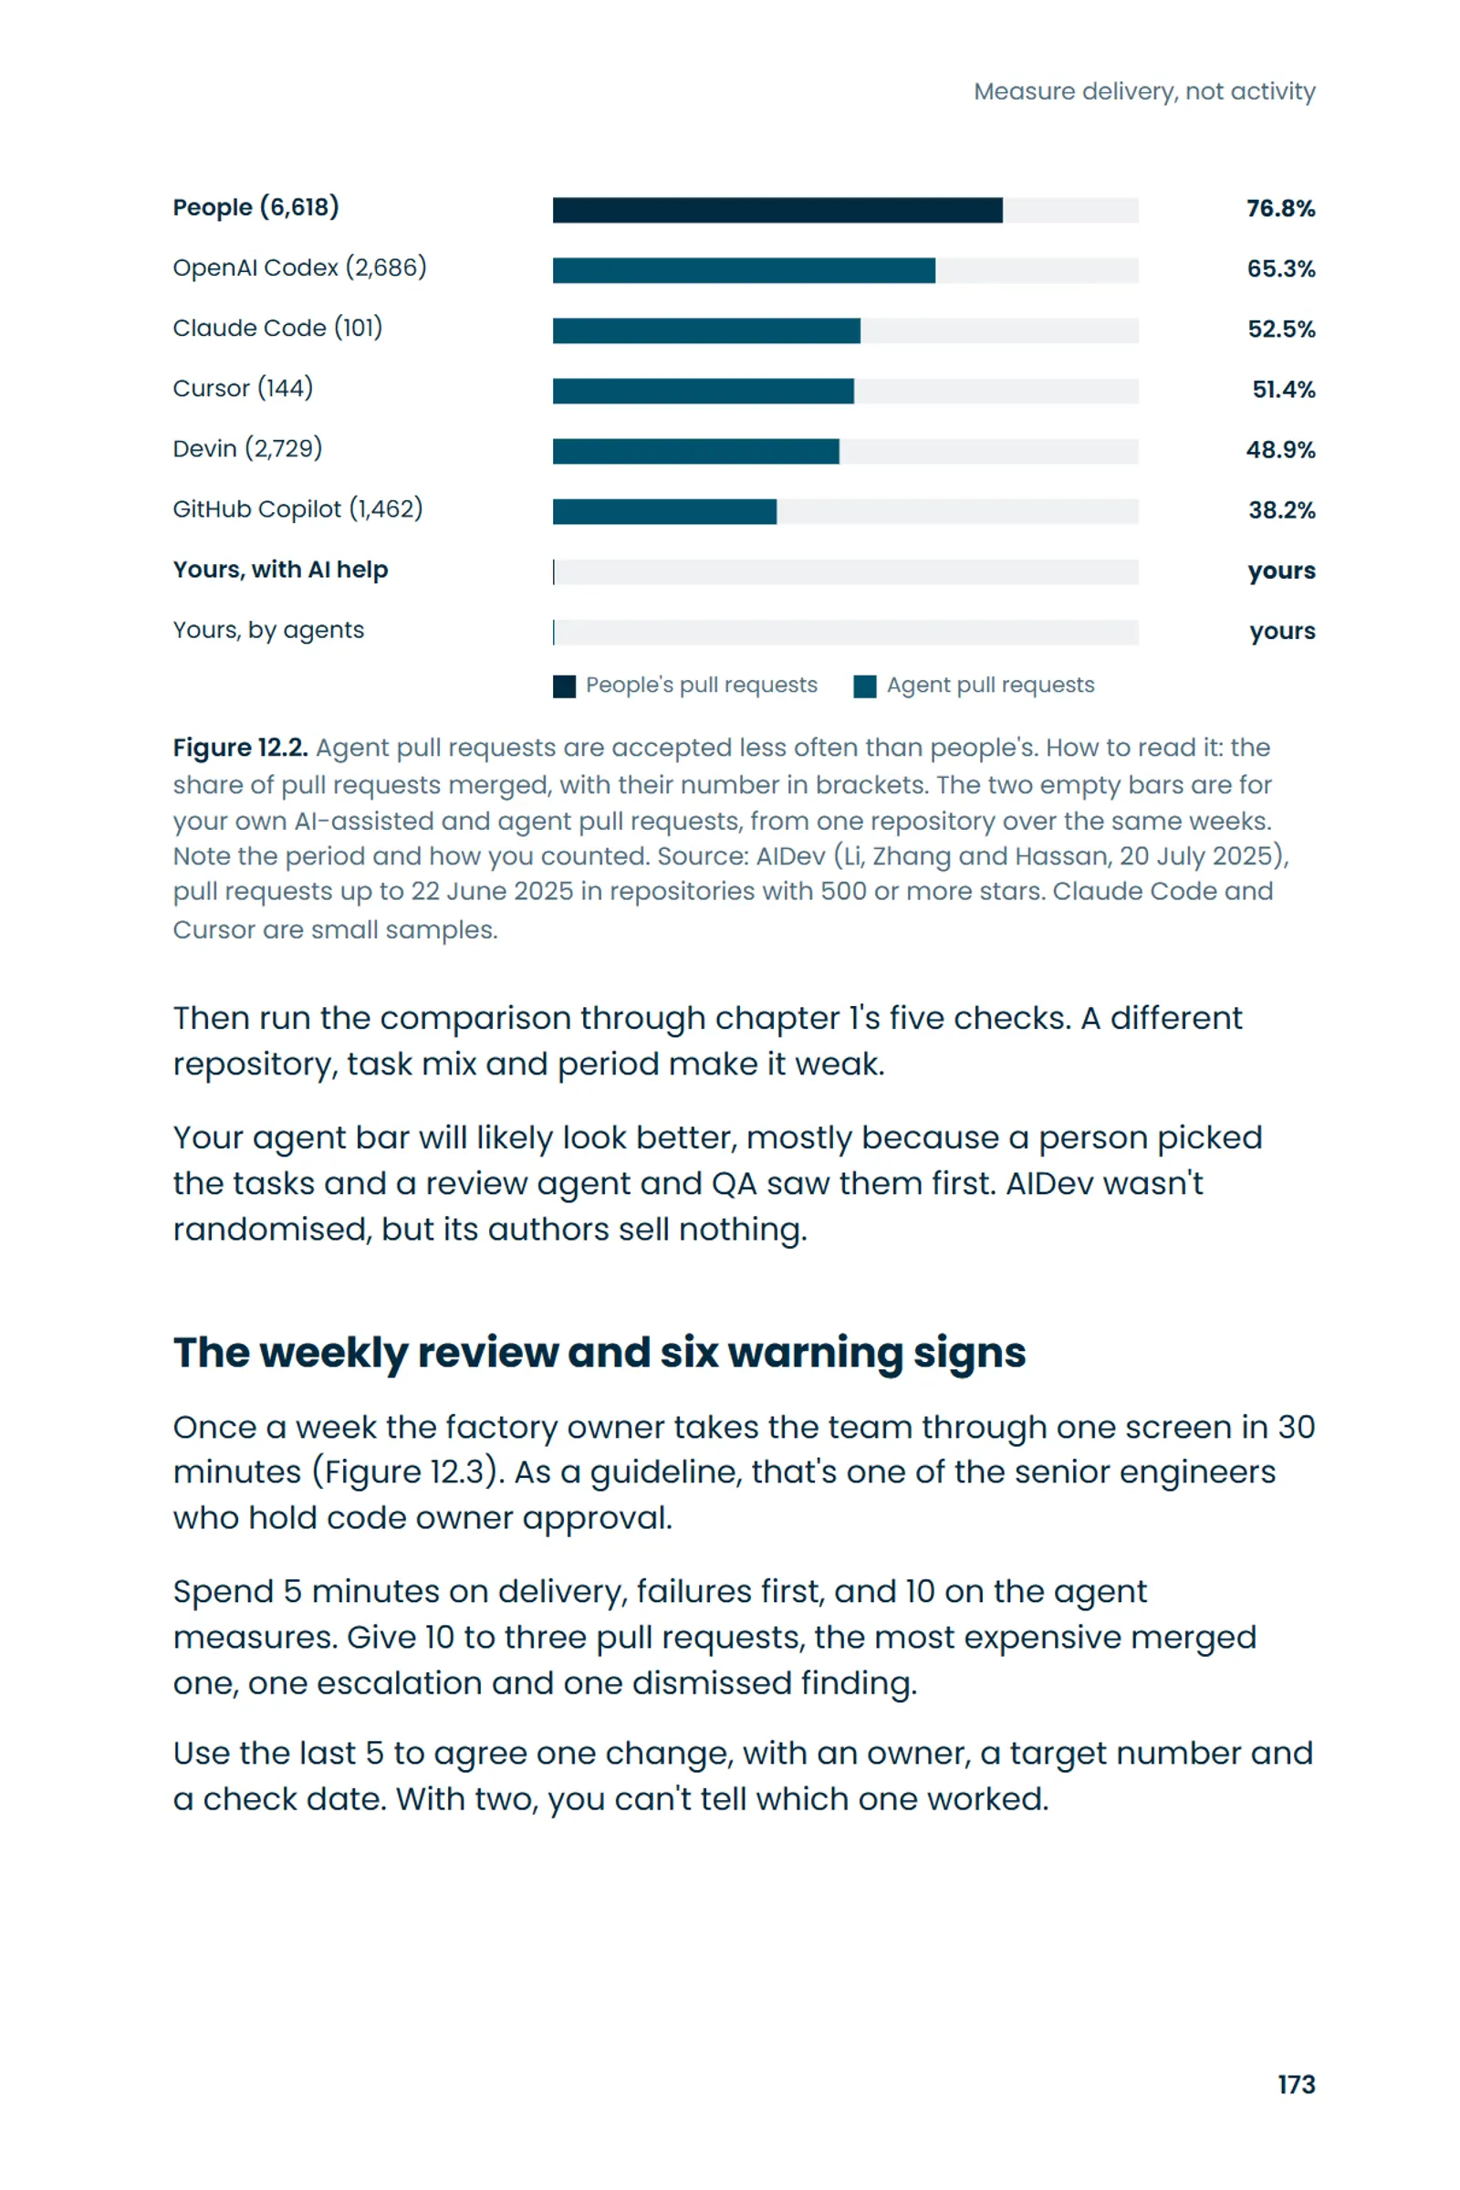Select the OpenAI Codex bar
click(743, 270)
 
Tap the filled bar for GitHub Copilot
click(664, 511)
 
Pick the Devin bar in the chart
click(695, 451)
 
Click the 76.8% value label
click(1280, 209)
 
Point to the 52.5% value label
click(1281, 329)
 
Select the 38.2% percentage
click(1281, 510)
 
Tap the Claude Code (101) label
click(277, 328)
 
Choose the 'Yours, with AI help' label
click(280, 569)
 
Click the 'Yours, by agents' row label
click(268, 631)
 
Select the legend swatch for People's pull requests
click(564, 686)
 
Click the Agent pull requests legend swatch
click(865, 686)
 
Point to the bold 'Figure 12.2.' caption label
click(240, 748)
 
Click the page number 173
click(1296, 2085)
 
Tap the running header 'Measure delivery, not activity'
click(1144, 91)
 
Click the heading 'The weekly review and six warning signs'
click(600, 1354)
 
